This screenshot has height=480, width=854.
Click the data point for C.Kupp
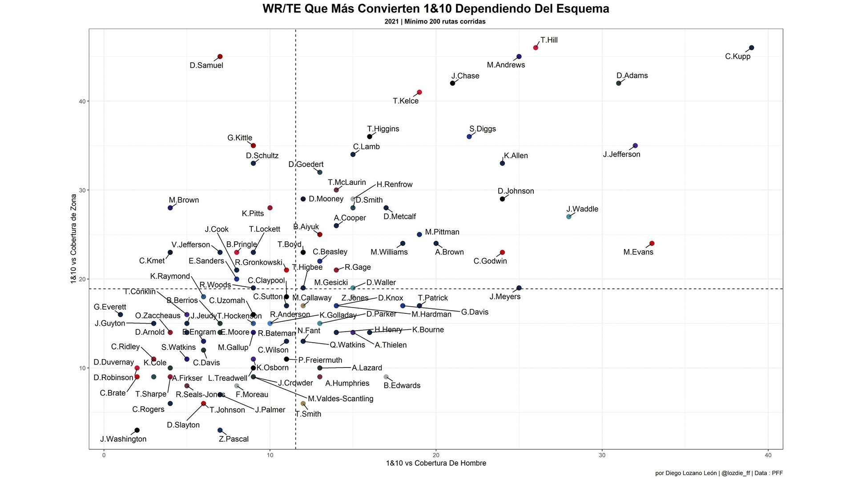point(752,48)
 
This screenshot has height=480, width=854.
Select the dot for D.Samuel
point(220,57)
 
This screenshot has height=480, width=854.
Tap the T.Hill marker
point(536,48)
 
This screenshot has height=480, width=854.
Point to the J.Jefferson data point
point(635,146)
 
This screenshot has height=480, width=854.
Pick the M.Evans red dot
point(652,244)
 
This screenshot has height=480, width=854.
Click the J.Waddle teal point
point(569,217)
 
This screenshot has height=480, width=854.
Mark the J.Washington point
point(137,430)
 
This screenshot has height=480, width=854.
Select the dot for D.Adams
point(619,84)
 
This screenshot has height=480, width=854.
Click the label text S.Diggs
point(483,129)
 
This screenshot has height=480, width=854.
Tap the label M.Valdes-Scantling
point(341,399)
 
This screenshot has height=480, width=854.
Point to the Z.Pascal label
point(234,439)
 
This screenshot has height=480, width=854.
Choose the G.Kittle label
point(240,138)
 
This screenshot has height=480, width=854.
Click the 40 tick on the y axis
point(82,101)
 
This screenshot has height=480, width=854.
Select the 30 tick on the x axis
point(602,455)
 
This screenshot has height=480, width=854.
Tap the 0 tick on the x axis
point(104,455)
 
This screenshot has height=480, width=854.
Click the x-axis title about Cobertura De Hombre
point(436,463)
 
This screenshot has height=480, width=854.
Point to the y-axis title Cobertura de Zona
point(74,239)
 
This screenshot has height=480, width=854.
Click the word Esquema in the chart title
point(580,8)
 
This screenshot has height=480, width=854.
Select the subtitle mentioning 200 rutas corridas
point(435,21)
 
